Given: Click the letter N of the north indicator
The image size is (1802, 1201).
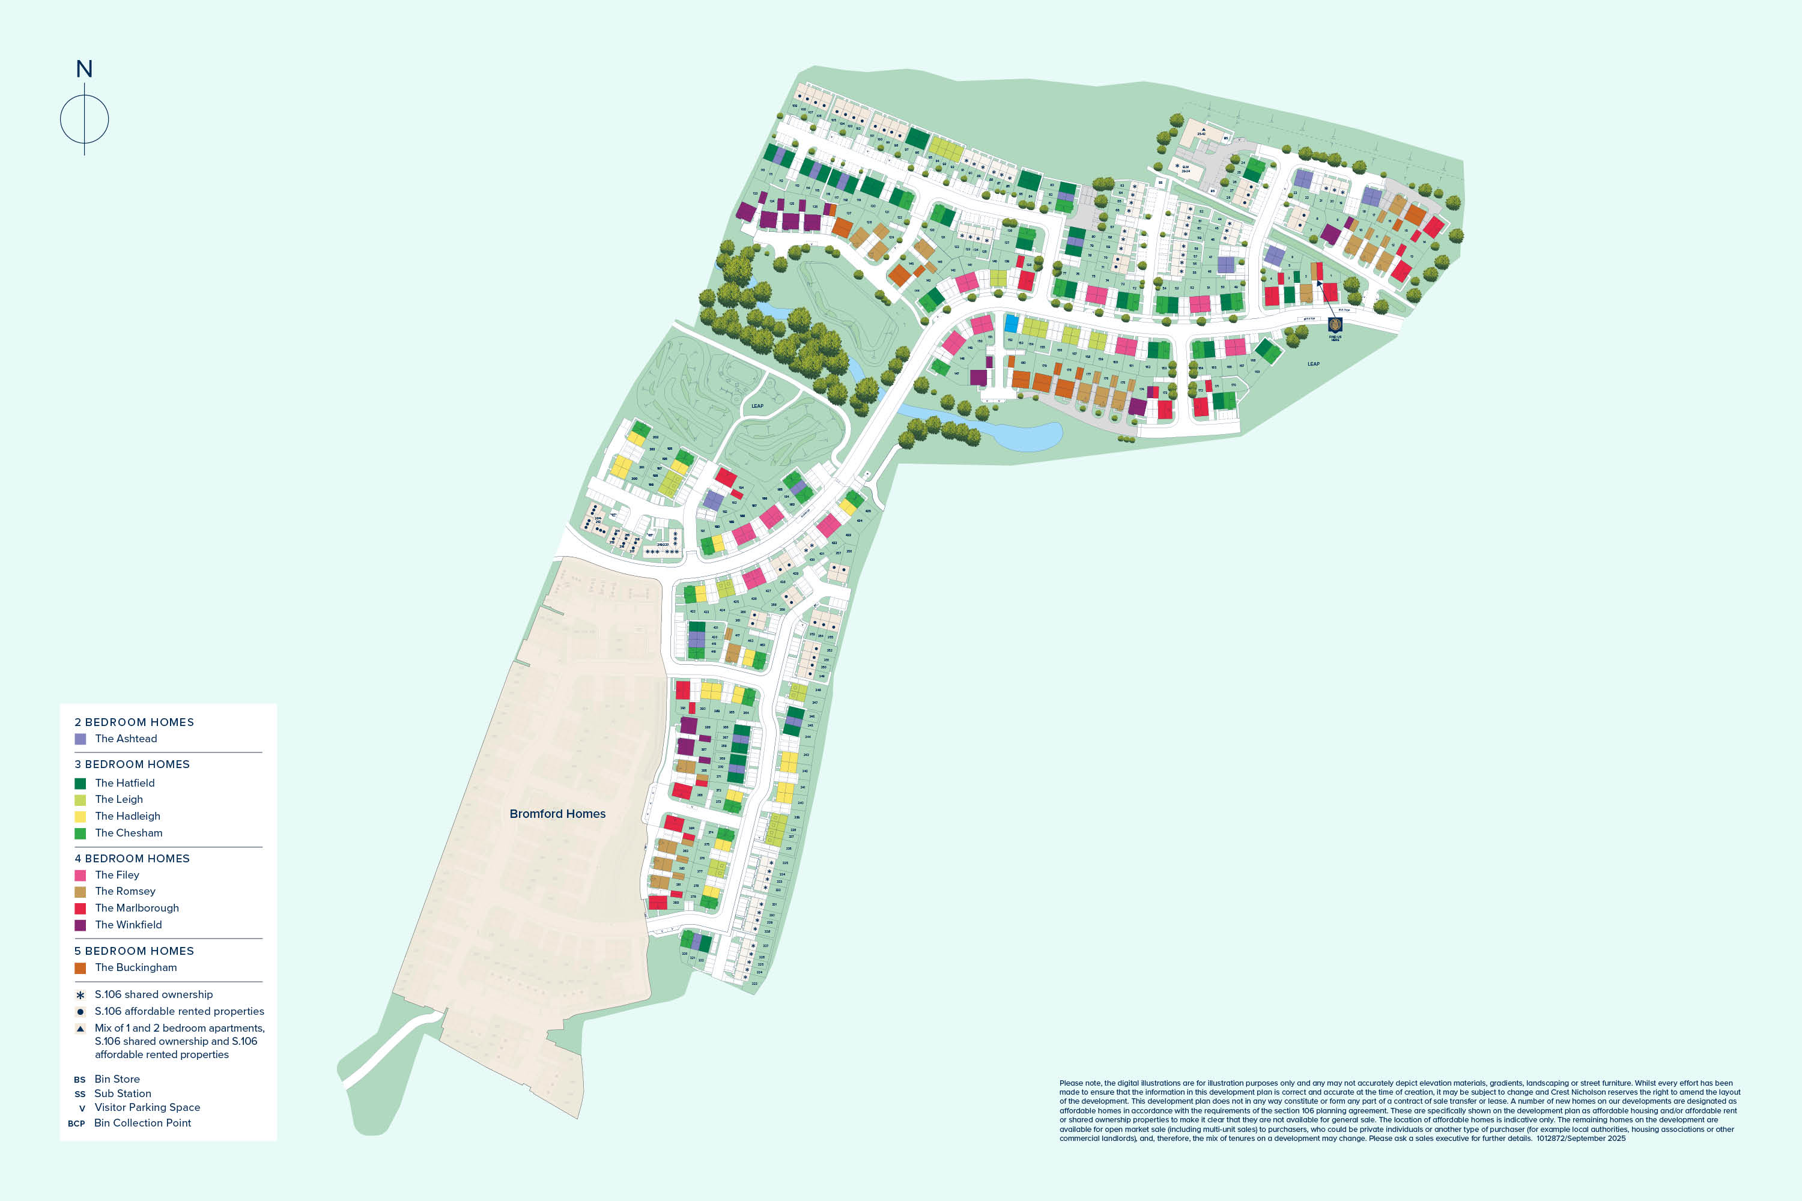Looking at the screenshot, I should [84, 70].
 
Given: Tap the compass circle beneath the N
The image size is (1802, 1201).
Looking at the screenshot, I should [84, 119].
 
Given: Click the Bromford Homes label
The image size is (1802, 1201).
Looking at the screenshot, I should [557, 814].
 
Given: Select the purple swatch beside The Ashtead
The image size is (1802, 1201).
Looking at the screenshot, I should [80, 739].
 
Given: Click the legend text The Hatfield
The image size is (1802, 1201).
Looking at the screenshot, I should [125, 783].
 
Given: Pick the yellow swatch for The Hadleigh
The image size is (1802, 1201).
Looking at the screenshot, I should [80, 817].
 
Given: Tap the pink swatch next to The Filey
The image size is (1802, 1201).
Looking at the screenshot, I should [80, 875].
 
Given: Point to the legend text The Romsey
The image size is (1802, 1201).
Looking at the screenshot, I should [125, 891].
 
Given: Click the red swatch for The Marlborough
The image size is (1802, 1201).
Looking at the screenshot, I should [80, 909].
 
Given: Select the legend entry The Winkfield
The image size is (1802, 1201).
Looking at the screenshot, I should [129, 925].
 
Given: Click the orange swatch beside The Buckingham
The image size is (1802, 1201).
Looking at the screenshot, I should [80, 968].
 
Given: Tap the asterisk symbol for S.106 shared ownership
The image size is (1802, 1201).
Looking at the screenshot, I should [80, 995].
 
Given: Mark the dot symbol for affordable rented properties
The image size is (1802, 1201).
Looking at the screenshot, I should [80, 1012].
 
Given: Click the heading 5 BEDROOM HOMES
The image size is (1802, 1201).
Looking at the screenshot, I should [134, 951].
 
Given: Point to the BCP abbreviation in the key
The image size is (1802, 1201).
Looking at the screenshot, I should [77, 1124].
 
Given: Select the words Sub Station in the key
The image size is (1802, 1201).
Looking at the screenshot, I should [123, 1094].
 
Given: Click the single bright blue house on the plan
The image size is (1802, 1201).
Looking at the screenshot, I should [1012, 323].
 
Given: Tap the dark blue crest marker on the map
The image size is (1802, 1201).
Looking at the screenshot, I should [1335, 325].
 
